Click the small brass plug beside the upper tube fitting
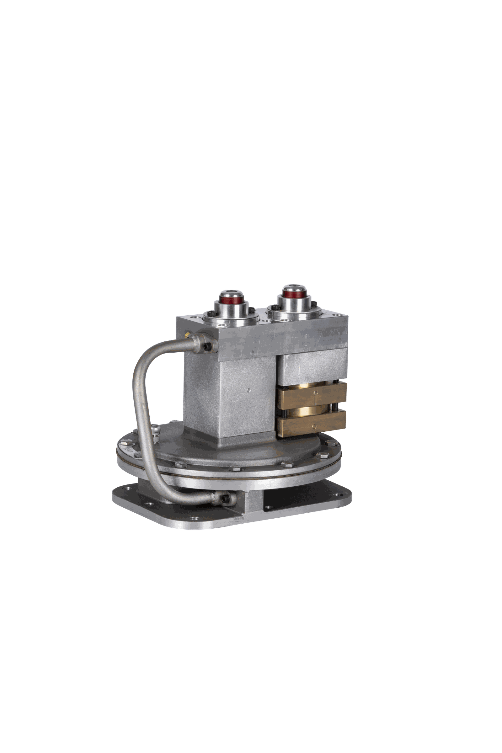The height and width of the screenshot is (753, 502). pos(187,335)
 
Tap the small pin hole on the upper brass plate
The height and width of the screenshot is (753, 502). pos(314,393)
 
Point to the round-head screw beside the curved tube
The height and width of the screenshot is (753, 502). pos(155,429)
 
